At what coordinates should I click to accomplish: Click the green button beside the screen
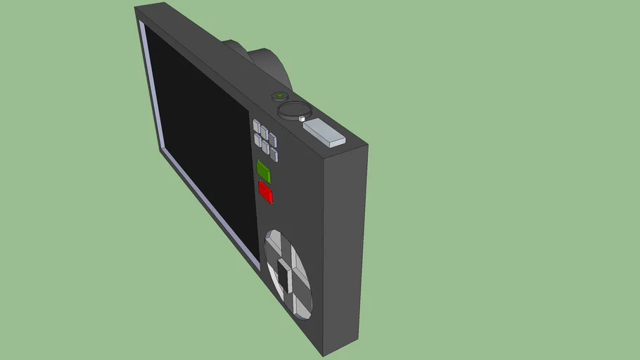point(264,172)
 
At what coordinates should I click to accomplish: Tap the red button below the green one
point(265,192)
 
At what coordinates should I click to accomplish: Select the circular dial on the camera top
point(294,110)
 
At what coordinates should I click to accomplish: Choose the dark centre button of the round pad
point(284,276)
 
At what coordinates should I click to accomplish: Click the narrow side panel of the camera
point(344,246)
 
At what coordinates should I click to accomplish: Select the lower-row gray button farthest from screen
point(274,155)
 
